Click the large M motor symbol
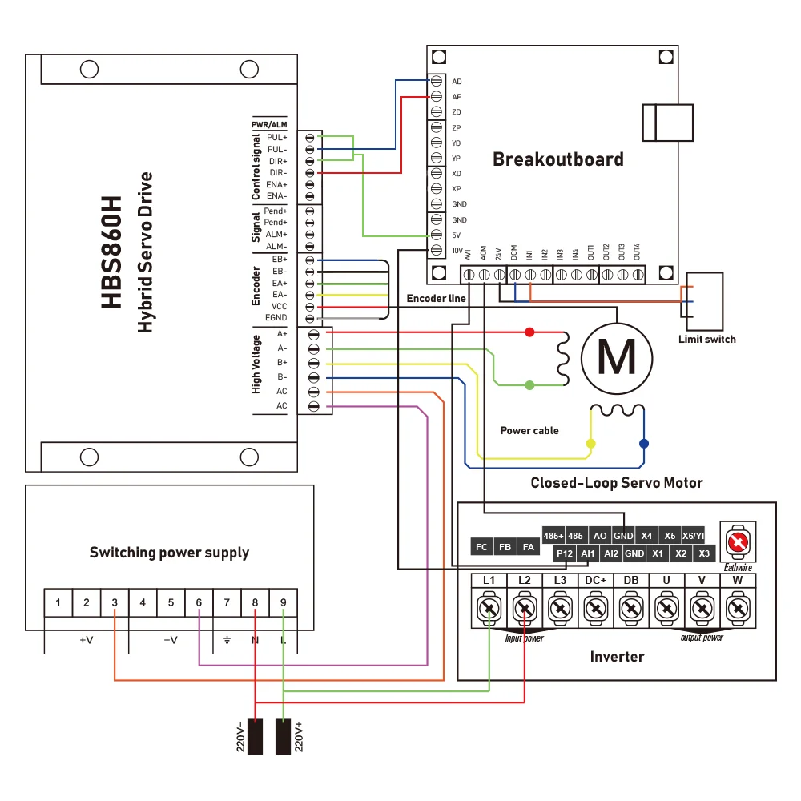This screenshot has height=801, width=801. point(617,356)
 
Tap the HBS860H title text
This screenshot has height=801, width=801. point(112,252)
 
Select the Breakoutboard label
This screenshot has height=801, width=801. point(557,159)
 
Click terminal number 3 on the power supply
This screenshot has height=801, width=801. point(115,602)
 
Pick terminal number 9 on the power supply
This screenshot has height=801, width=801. point(283,602)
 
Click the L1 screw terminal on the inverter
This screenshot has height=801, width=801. point(489,610)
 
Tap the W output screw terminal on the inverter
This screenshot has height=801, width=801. point(738,610)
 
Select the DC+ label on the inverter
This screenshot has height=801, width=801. point(594,579)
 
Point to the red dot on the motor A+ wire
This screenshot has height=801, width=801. point(529,332)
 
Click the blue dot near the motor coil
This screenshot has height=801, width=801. point(643,443)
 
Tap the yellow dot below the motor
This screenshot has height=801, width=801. point(591,443)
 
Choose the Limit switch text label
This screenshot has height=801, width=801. point(706,339)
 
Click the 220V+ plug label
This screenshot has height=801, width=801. point(300,736)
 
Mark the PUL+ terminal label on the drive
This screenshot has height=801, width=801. point(277,138)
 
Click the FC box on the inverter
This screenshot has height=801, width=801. point(481,547)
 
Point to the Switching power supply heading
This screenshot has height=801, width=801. point(169,553)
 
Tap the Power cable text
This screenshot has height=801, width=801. point(529,430)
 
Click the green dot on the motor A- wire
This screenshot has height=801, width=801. point(529,385)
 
